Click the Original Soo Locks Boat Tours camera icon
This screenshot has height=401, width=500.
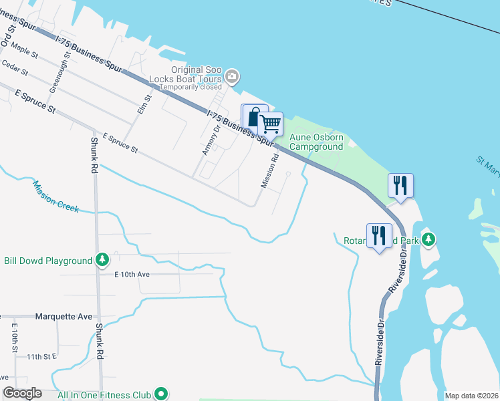232,77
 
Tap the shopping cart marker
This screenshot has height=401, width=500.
270,123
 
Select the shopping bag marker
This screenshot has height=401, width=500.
253,118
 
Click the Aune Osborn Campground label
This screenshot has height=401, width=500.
316,142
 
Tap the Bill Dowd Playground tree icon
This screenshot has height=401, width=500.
102,259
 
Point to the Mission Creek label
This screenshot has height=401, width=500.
55,198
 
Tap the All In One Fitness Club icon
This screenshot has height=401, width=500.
160,394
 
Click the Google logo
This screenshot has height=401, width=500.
23,393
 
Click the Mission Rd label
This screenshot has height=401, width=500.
269,172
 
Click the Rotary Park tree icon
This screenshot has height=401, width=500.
429,239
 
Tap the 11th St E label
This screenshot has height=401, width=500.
42,358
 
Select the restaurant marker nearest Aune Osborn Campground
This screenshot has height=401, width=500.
400,185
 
